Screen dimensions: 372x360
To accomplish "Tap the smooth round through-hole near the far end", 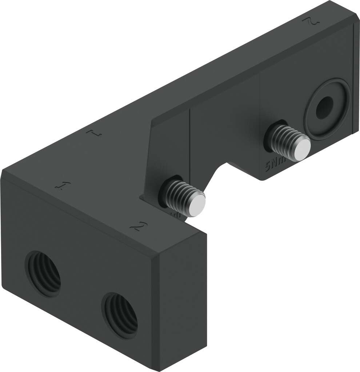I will (x=324, y=108).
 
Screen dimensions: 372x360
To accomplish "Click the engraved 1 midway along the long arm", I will (x=94, y=134).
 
